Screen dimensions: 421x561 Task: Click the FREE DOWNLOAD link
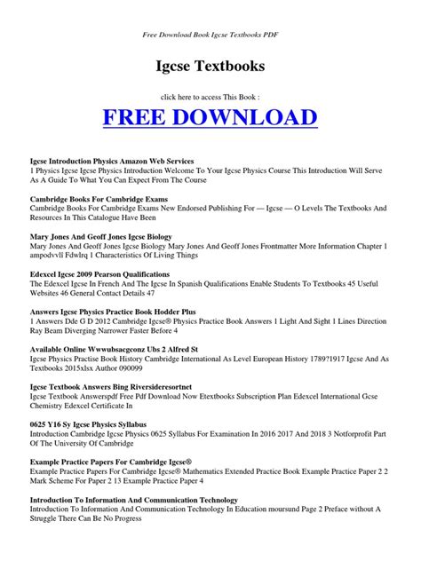click(210, 117)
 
